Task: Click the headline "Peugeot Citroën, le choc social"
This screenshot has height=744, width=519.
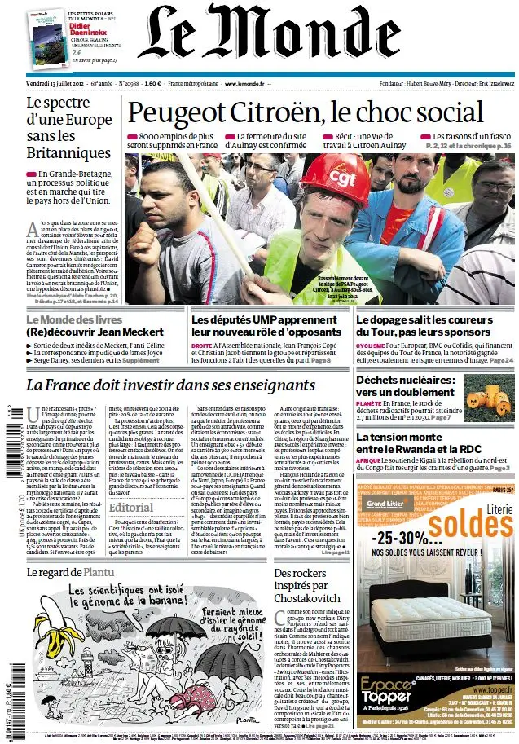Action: pyautogui.click(x=306, y=112)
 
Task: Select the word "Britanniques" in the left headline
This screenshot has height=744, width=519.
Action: pyautogui.click(x=68, y=152)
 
